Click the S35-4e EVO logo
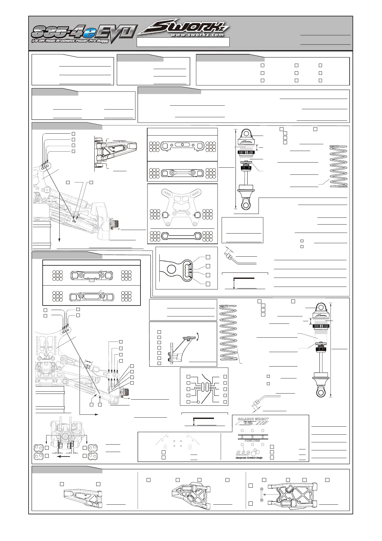pos(84,33)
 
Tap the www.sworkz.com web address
pos(197,34)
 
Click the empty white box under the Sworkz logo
pos(183,42)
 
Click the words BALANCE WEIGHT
pos(253,419)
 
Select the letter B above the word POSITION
pos(252,437)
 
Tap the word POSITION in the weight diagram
pos(252,441)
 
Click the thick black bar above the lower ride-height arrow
pos(203,418)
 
